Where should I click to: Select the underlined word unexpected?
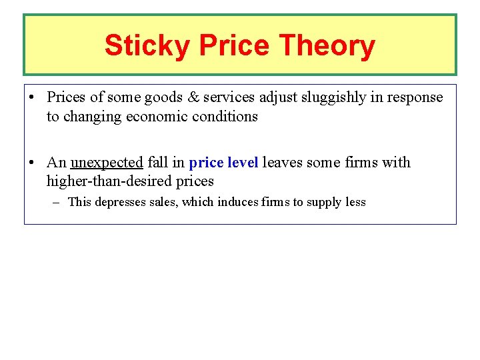(107, 163)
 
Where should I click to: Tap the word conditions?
(224, 117)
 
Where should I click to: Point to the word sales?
(164, 202)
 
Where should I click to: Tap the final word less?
(355, 202)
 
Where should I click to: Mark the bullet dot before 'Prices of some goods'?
(32, 97)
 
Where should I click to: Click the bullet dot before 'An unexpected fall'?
(32, 163)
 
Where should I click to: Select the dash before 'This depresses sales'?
(58, 202)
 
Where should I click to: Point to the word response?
(415, 97)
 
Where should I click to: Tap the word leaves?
(282, 163)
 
